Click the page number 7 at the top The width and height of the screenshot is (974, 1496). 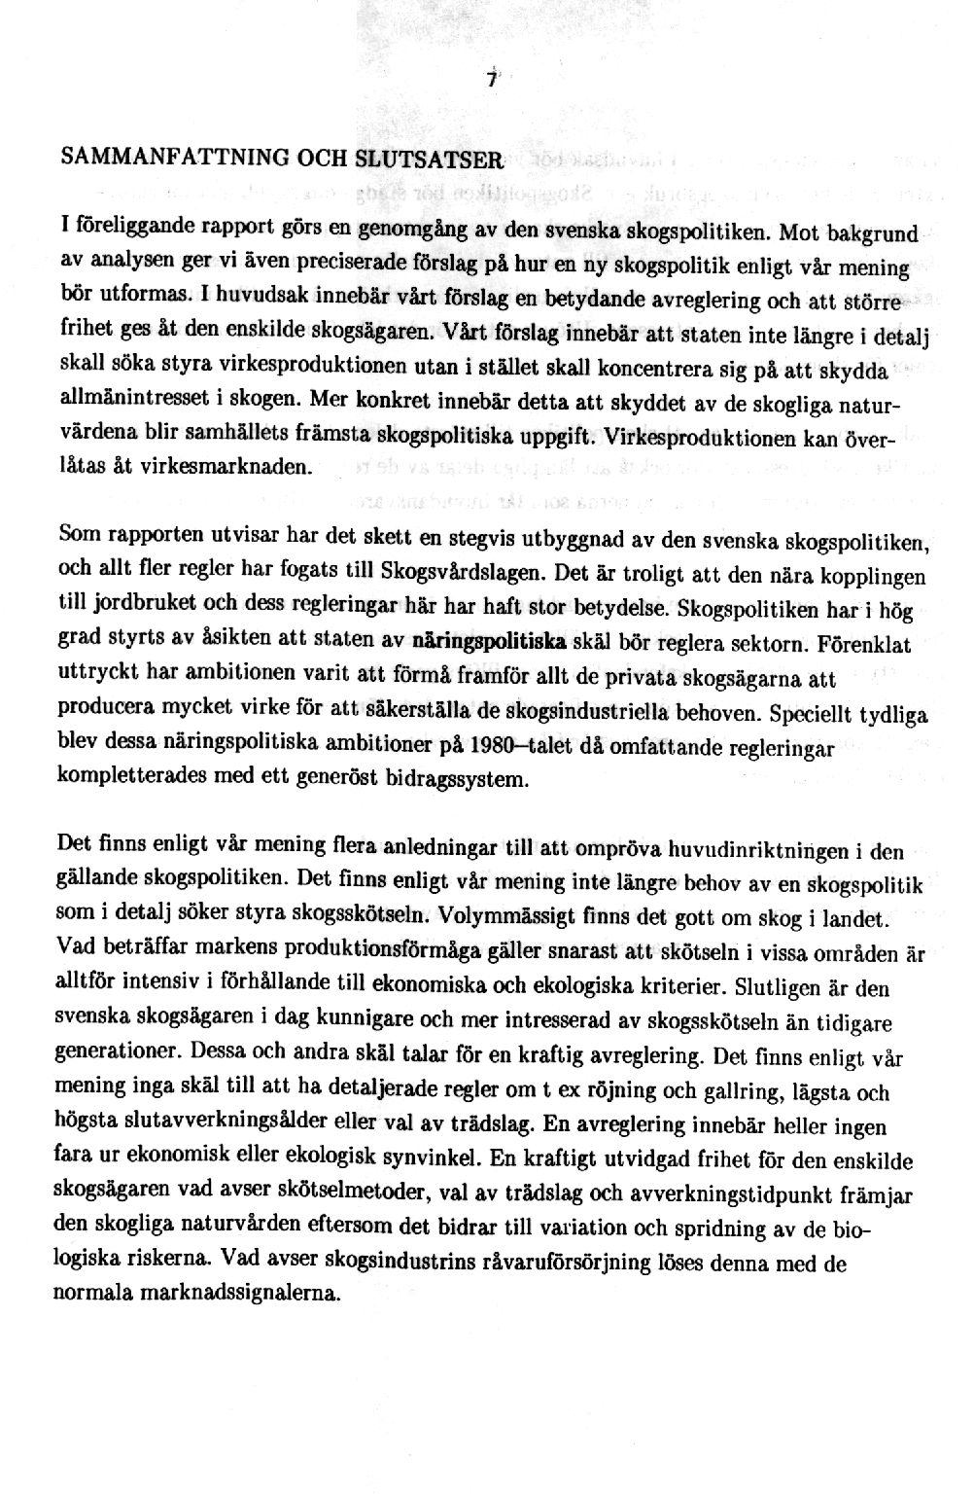coord(492,82)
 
